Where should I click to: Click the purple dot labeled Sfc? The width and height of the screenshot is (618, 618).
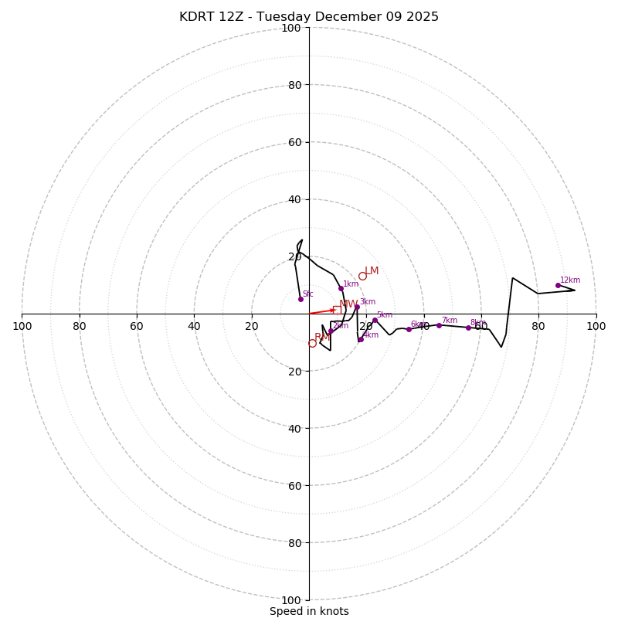click(301, 299)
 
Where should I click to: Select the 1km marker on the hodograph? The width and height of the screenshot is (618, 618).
click(341, 289)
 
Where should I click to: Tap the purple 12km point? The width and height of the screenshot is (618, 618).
click(558, 285)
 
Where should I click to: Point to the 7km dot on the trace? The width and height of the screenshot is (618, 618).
click(439, 325)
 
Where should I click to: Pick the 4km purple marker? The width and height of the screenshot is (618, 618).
click(360, 339)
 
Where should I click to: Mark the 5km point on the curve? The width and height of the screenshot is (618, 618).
click(375, 321)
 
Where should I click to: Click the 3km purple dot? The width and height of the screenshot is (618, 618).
click(357, 307)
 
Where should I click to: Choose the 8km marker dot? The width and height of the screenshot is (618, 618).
click(468, 328)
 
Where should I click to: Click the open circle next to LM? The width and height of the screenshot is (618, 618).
click(362, 276)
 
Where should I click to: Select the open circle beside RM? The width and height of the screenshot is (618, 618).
click(312, 343)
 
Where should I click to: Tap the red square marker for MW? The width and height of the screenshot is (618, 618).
click(337, 310)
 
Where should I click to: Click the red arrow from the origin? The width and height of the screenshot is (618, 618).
click(322, 312)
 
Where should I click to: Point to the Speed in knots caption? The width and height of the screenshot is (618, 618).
click(309, 611)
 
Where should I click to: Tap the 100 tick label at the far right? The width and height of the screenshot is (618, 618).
click(596, 326)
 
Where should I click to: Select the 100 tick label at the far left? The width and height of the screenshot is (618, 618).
click(22, 326)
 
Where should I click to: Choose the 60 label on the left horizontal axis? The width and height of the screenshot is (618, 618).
click(137, 326)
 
